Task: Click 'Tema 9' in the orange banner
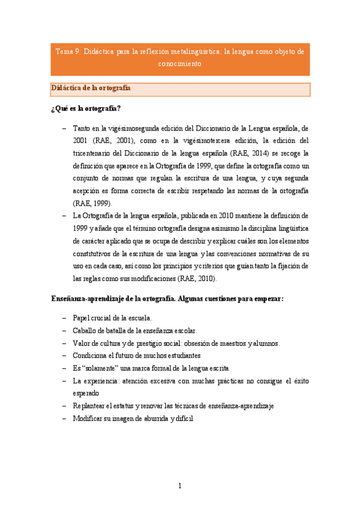click(x=67, y=52)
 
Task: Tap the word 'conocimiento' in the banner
click(x=180, y=63)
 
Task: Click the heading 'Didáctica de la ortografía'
click(x=91, y=88)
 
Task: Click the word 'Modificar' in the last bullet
click(x=90, y=419)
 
